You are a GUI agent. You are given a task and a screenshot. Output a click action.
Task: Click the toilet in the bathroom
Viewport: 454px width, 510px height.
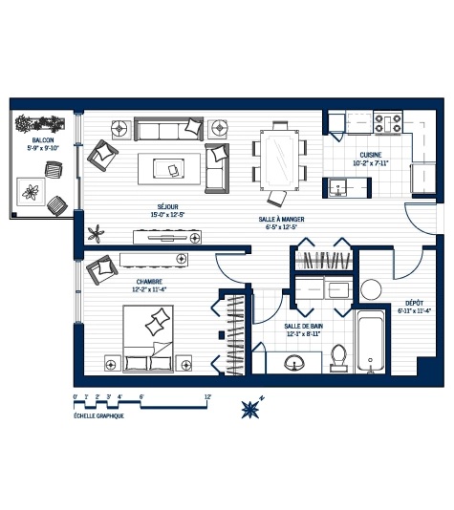pos(336,356)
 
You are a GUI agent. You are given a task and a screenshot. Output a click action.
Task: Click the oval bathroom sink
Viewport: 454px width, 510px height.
pos(296,362)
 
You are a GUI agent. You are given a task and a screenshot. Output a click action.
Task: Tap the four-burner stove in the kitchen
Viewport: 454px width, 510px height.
pos(390,122)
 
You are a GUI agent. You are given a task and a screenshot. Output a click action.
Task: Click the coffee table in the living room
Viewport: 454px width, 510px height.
pos(170,170)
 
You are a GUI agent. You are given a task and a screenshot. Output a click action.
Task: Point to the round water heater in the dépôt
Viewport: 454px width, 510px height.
pos(372,289)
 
